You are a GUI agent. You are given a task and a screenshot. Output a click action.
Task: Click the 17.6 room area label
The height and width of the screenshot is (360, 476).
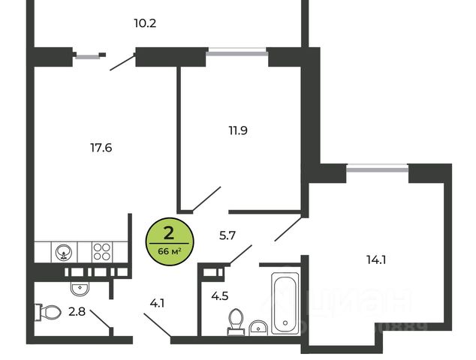pyautogui.click(x=101, y=148)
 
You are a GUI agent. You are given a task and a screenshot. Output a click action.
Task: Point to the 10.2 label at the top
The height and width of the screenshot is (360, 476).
pyautogui.click(x=145, y=22)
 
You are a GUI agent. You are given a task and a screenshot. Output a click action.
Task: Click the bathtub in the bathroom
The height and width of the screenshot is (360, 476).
pyautogui.click(x=285, y=303)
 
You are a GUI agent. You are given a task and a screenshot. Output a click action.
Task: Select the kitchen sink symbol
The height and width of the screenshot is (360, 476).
pyautogui.click(x=62, y=251)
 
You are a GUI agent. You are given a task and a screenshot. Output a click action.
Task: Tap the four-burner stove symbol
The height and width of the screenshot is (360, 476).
pyautogui.click(x=101, y=251)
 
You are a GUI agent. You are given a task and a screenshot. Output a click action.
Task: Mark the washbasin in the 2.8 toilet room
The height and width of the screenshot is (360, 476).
pyautogui.click(x=80, y=286)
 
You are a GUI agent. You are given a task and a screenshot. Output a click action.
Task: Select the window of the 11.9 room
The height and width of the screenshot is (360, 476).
pyautogui.click(x=237, y=52)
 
